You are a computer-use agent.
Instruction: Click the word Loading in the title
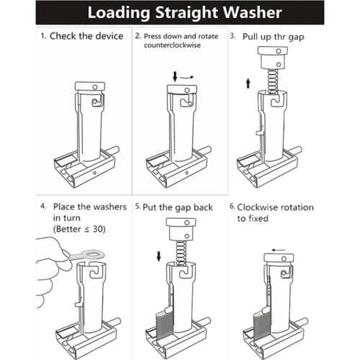(119, 13)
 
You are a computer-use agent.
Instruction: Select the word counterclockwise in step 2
(172, 45)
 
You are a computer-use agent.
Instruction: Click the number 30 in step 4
(98, 229)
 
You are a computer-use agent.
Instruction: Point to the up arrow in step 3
(248, 83)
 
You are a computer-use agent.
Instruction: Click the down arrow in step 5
(158, 256)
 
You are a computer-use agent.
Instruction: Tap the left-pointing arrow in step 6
(279, 250)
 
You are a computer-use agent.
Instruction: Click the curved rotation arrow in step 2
(186, 77)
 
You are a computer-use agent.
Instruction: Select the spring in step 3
(273, 81)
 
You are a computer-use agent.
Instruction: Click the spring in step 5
(181, 253)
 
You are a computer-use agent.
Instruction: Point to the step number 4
(43, 206)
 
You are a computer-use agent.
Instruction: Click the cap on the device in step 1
(90, 86)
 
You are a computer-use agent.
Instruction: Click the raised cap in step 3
(273, 58)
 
